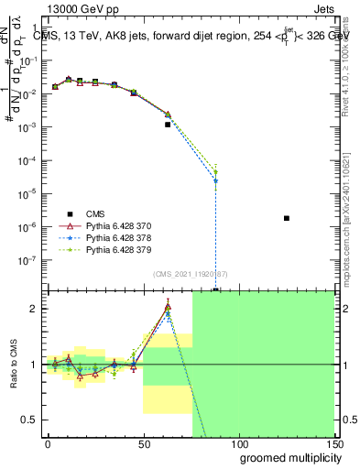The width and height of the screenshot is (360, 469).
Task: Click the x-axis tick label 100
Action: click(238, 443)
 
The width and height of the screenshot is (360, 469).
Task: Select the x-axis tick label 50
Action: click(143, 443)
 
